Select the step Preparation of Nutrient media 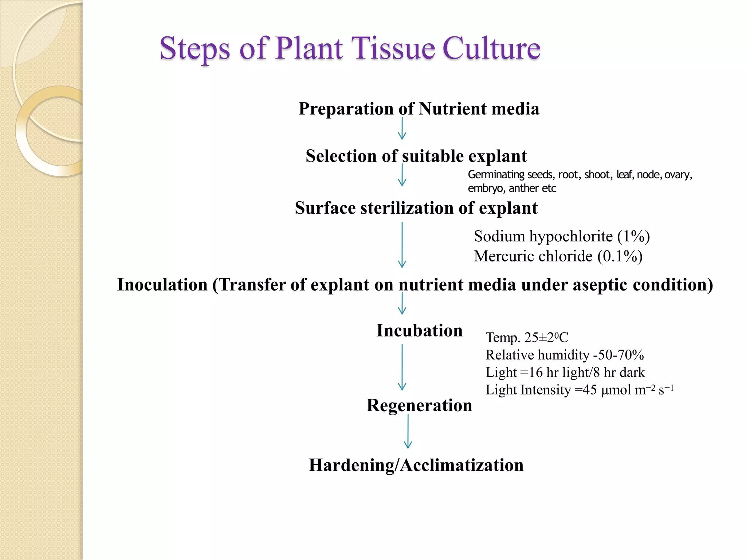pos(419,109)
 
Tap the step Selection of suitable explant pos(416,156)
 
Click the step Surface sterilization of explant pos(416,208)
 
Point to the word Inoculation pos(162,285)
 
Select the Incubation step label pos(419,331)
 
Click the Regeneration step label pos(419,405)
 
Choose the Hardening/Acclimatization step pos(416,465)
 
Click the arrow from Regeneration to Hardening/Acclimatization pos(408,432)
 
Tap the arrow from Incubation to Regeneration pos(402,367)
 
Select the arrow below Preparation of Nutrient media pos(402,128)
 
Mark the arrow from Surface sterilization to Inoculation pos(402,245)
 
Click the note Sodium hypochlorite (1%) pos(562,237)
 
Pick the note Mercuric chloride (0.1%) pos(558,256)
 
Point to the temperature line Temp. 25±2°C pos(527,338)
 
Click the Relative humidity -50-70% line pos(565,355)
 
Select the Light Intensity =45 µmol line pos(579,390)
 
